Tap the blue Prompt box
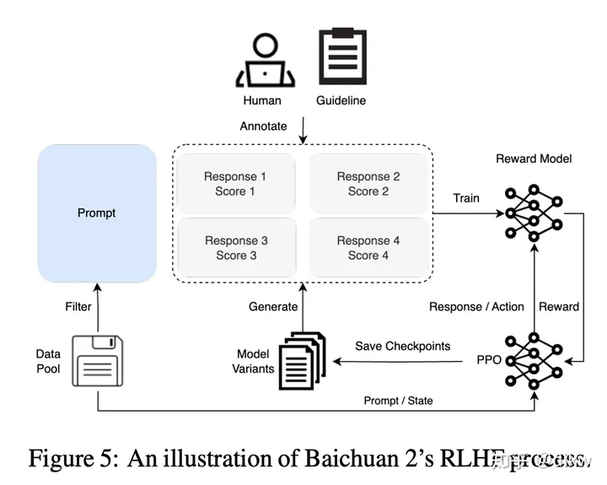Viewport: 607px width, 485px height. click(97, 213)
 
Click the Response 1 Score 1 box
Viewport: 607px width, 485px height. click(235, 184)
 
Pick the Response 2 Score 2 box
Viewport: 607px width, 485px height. click(368, 184)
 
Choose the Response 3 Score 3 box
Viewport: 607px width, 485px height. click(235, 248)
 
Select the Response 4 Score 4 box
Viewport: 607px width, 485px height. click(368, 248)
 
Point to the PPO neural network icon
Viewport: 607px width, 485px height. click(533, 361)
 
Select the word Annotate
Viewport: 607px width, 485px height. click(264, 127)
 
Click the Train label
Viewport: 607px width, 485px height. click(466, 198)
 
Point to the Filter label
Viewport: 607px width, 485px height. click(78, 307)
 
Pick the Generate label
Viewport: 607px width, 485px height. click(273, 307)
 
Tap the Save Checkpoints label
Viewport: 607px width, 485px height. click(402, 346)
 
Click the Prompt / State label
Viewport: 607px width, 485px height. click(398, 400)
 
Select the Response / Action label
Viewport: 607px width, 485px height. click(476, 307)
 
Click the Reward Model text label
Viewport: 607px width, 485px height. click(533, 159)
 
